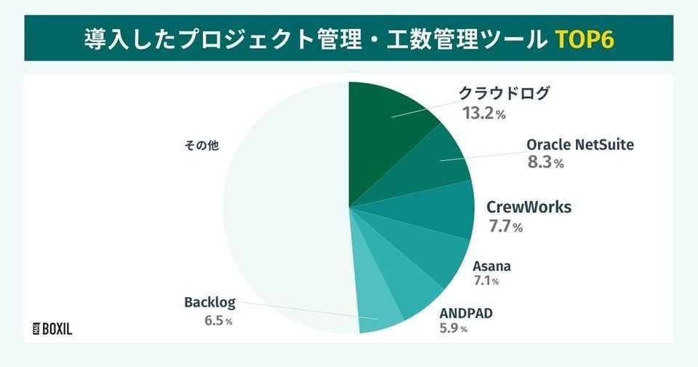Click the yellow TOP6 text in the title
585,38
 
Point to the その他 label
203,145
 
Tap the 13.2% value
484,114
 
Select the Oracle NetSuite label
580,144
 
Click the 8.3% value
545,163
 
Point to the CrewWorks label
529,208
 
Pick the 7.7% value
505,226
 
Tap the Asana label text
492,265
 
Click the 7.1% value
486,280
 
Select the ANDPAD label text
466,314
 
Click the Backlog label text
207,301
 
